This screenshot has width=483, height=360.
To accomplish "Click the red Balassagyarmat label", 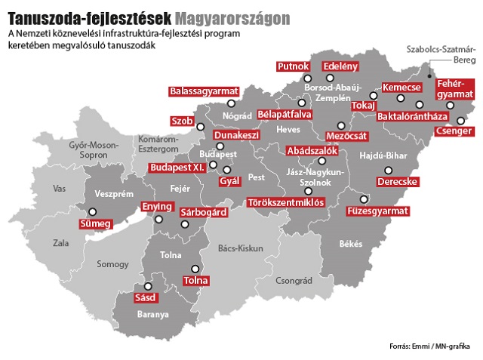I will tap(199, 91).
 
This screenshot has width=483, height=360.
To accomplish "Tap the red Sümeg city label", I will tap(95, 223).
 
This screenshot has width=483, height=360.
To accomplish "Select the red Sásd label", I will tap(144, 297).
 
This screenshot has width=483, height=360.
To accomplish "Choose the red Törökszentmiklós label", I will tap(286, 202).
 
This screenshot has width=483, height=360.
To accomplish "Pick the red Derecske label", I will tap(398, 182).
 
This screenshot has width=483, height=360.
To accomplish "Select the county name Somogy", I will tap(112, 263).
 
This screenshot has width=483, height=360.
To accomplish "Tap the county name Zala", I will tap(60, 243).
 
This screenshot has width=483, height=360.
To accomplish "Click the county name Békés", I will tap(351, 244).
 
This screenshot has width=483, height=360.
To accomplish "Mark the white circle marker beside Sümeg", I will tap(93, 212).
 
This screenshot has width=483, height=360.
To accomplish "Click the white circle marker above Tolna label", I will tap(194, 268).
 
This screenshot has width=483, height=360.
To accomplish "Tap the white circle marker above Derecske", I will tap(389, 171).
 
